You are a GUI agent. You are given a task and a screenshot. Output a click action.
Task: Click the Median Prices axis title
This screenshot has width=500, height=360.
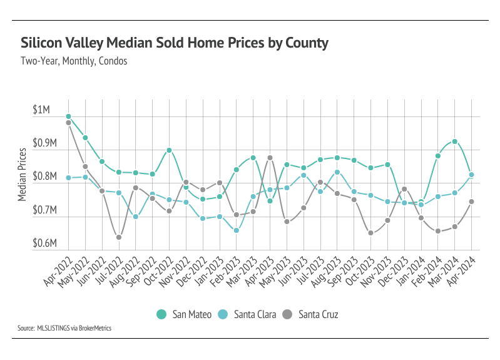pyautogui.click(x=23, y=175)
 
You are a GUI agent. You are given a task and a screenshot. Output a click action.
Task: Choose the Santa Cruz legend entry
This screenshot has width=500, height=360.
pyautogui.click(x=312, y=314)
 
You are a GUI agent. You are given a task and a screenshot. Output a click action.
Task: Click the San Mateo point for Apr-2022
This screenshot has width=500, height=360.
pyautogui.click(x=68, y=116)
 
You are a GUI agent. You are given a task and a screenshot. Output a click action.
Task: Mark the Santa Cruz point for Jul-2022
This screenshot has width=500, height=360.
pyautogui.click(x=119, y=237)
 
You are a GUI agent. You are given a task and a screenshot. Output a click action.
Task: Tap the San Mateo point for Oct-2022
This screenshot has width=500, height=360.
pyautogui.click(x=169, y=150)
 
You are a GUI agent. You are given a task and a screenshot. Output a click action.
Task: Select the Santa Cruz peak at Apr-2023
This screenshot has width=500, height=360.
pyautogui.click(x=270, y=158)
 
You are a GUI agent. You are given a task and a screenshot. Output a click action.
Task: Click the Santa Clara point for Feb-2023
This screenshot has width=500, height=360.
pyautogui.click(x=236, y=230)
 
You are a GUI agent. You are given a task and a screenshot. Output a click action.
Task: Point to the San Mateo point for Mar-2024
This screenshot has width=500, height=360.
pyautogui.click(x=455, y=141)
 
